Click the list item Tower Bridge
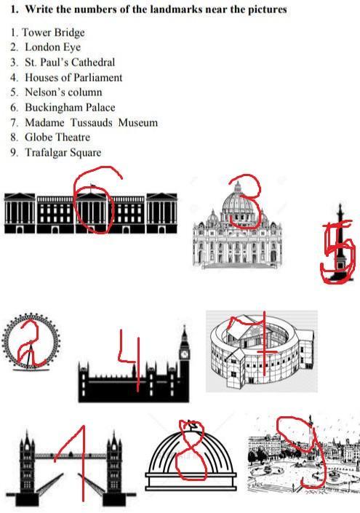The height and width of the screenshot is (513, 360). click(x=53, y=33)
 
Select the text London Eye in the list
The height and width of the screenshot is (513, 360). click(x=52, y=47)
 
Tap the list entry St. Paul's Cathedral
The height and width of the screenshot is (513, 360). click(x=70, y=62)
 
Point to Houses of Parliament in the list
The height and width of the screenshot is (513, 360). click(x=73, y=78)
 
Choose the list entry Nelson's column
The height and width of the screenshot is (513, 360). click(x=63, y=92)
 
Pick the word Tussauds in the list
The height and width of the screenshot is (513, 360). click(x=92, y=123)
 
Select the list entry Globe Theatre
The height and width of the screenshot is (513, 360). click(x=57, y=137)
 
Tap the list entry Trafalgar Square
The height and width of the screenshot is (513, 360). click(x=63, y=153)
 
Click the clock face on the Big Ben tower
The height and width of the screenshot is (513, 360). click(x=185, y=354)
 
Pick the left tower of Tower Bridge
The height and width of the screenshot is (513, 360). click(x=28, y=464)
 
